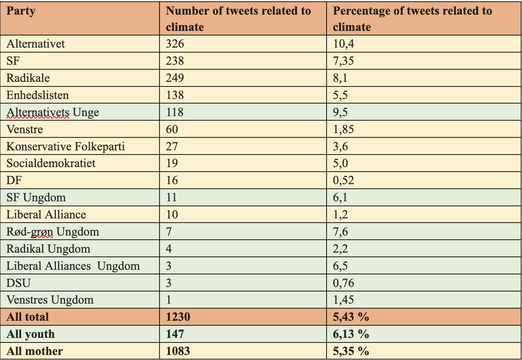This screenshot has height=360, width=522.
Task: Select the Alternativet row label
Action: coord(36,44)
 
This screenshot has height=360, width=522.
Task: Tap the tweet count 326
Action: coord(175,44)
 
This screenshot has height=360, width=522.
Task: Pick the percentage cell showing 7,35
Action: coord(344,61)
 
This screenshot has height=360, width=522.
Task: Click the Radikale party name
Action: coord(28,78)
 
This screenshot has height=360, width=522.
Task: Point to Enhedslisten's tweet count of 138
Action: coord(175,95)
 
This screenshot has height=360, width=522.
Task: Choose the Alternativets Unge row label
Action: coord(53,112)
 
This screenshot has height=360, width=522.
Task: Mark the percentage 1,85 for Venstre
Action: coord(344,129)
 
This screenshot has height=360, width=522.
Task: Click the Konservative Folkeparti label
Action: coord(66,147)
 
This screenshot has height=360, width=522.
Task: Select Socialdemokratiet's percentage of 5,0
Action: coord(340,163)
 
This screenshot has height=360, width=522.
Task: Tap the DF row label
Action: coord(14,180)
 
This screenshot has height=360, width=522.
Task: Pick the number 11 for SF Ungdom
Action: coord(172,198)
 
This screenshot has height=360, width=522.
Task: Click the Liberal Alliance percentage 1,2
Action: coord(340,215)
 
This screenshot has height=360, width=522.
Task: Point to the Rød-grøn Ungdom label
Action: coord(53,232)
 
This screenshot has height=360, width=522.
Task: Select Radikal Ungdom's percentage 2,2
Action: coord(340,249)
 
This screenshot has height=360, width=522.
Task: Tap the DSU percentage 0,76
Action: coord(344,283)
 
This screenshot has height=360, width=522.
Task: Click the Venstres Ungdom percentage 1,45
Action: coord(344,300)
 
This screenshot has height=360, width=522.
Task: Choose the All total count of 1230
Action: coord(178,317)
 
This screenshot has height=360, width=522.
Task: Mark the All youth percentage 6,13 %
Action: coord(351,334)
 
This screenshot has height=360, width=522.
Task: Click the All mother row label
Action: coord(35,351)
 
